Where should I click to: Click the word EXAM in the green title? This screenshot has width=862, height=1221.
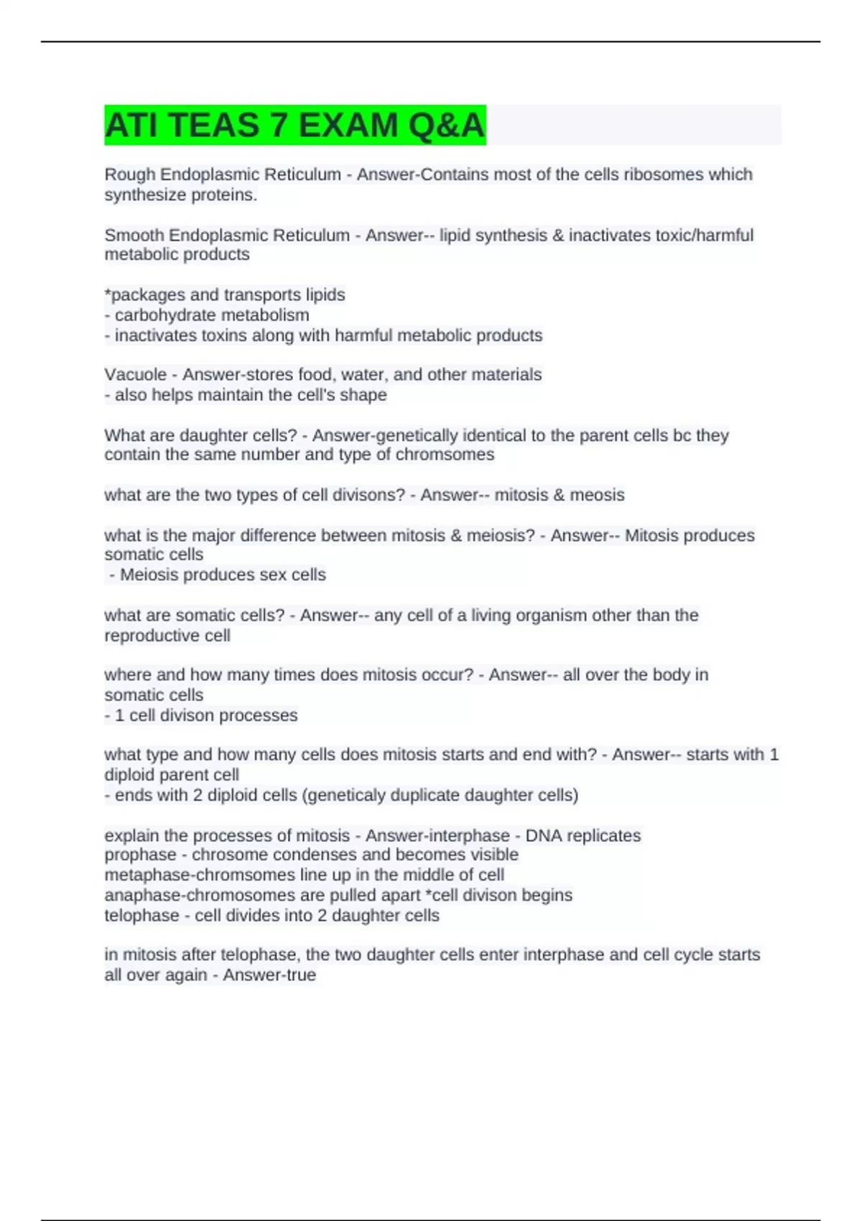(x=348, y=126)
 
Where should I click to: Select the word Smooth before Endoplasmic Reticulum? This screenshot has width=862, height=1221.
(x=134, y=236)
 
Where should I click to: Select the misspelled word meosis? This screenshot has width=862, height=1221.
(x=597, y=495)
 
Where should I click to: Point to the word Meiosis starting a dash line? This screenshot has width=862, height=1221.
(x=150, y=575)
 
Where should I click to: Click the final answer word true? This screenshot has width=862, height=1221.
(x=300, y=975)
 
